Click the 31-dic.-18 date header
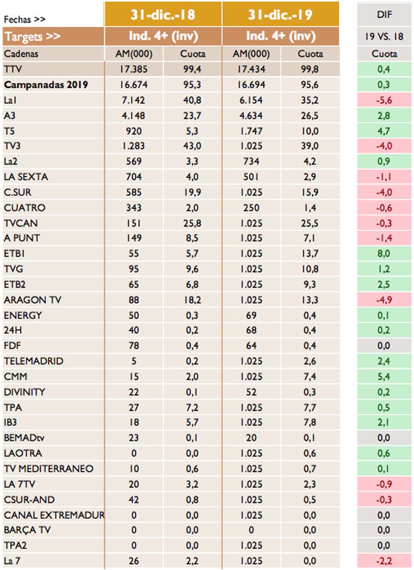click(x=163, y=14)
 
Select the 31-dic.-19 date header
click(x=280, y=14)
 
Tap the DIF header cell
click(x=384, y=14)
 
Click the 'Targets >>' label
click(x=32, y=36)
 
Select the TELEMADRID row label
click(x=33, y=361)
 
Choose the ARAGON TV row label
click(x=31, y=300)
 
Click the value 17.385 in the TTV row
click(x=134, y=69)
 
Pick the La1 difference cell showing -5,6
click(x=384, y=100)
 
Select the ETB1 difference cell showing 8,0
click(x=384, y=253)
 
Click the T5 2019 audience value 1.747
click(x=251, y=130)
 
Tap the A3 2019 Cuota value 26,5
click(x=310, y=115)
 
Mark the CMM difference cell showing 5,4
click(x=384, y=377)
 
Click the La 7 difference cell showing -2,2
click(x=384, y=561)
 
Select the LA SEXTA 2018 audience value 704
click(x=134, y=176)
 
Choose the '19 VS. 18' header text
click(x=384, y=36)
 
